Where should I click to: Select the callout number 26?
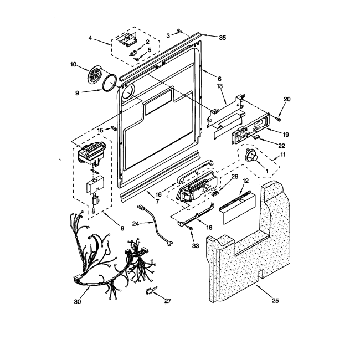[234, 177]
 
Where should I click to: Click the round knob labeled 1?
[254, 157]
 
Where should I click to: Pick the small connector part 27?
[149, 290]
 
